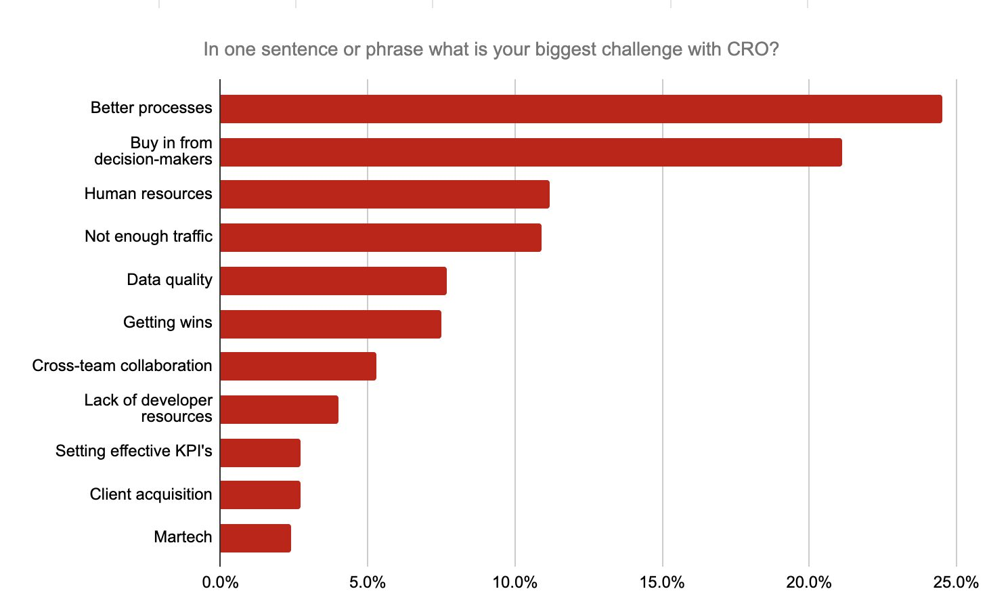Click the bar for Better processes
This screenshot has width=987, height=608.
(581, 109)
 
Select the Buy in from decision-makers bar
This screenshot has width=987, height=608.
(531, 152)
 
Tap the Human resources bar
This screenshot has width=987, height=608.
(385, 194)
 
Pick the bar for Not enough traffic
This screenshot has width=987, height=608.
(380, 238)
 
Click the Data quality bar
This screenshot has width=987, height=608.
(333, 280)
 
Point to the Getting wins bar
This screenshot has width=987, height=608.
(330, 324)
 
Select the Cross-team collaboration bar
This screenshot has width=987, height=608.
(298, 366)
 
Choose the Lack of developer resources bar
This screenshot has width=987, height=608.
(279, 410)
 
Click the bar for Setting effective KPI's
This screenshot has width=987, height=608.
(260, 452)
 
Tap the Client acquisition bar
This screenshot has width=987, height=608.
(260, 495)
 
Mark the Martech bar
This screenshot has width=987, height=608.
(255, 538)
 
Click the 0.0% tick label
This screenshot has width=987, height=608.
(220, 582)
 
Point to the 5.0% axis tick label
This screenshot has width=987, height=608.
(368, 582)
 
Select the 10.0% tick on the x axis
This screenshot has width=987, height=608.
(514, 582)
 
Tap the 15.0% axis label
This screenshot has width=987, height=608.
(662, 582)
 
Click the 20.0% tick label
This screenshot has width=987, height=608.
(809, 582)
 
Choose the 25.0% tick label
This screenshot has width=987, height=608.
(956, 582)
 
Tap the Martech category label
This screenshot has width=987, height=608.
(183, 538)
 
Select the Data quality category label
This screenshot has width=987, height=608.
(169, 280)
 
